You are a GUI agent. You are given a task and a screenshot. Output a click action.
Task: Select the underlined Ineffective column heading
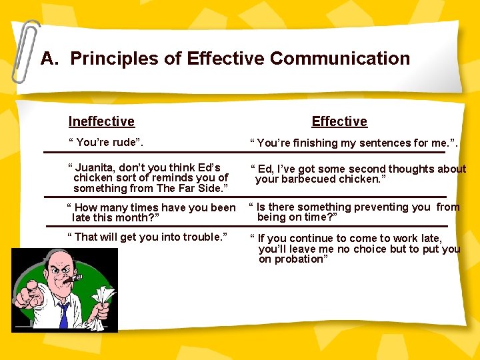click(x=101, y=121)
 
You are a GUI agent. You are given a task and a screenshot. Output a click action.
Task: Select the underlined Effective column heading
click(x=339, y=121)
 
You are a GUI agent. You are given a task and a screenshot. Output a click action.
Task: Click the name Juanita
click(x=101, y=167)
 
